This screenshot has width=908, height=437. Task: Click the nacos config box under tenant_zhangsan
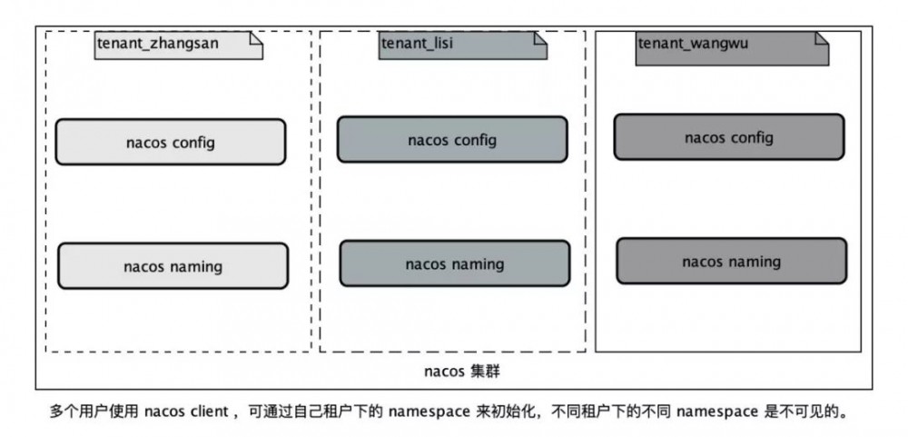tap(170, 142)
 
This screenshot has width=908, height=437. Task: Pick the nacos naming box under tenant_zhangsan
tap(173, 266)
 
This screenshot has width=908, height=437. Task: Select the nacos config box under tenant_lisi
tap(451, 140)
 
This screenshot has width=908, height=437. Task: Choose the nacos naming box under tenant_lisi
tap(454, 263)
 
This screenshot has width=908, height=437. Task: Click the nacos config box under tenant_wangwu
tap(728, 137)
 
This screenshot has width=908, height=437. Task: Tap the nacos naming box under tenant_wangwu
tap(731, 262)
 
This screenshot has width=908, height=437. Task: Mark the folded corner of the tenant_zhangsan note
tap(257, 37)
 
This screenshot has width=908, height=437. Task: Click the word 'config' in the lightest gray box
tap(194, 142)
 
